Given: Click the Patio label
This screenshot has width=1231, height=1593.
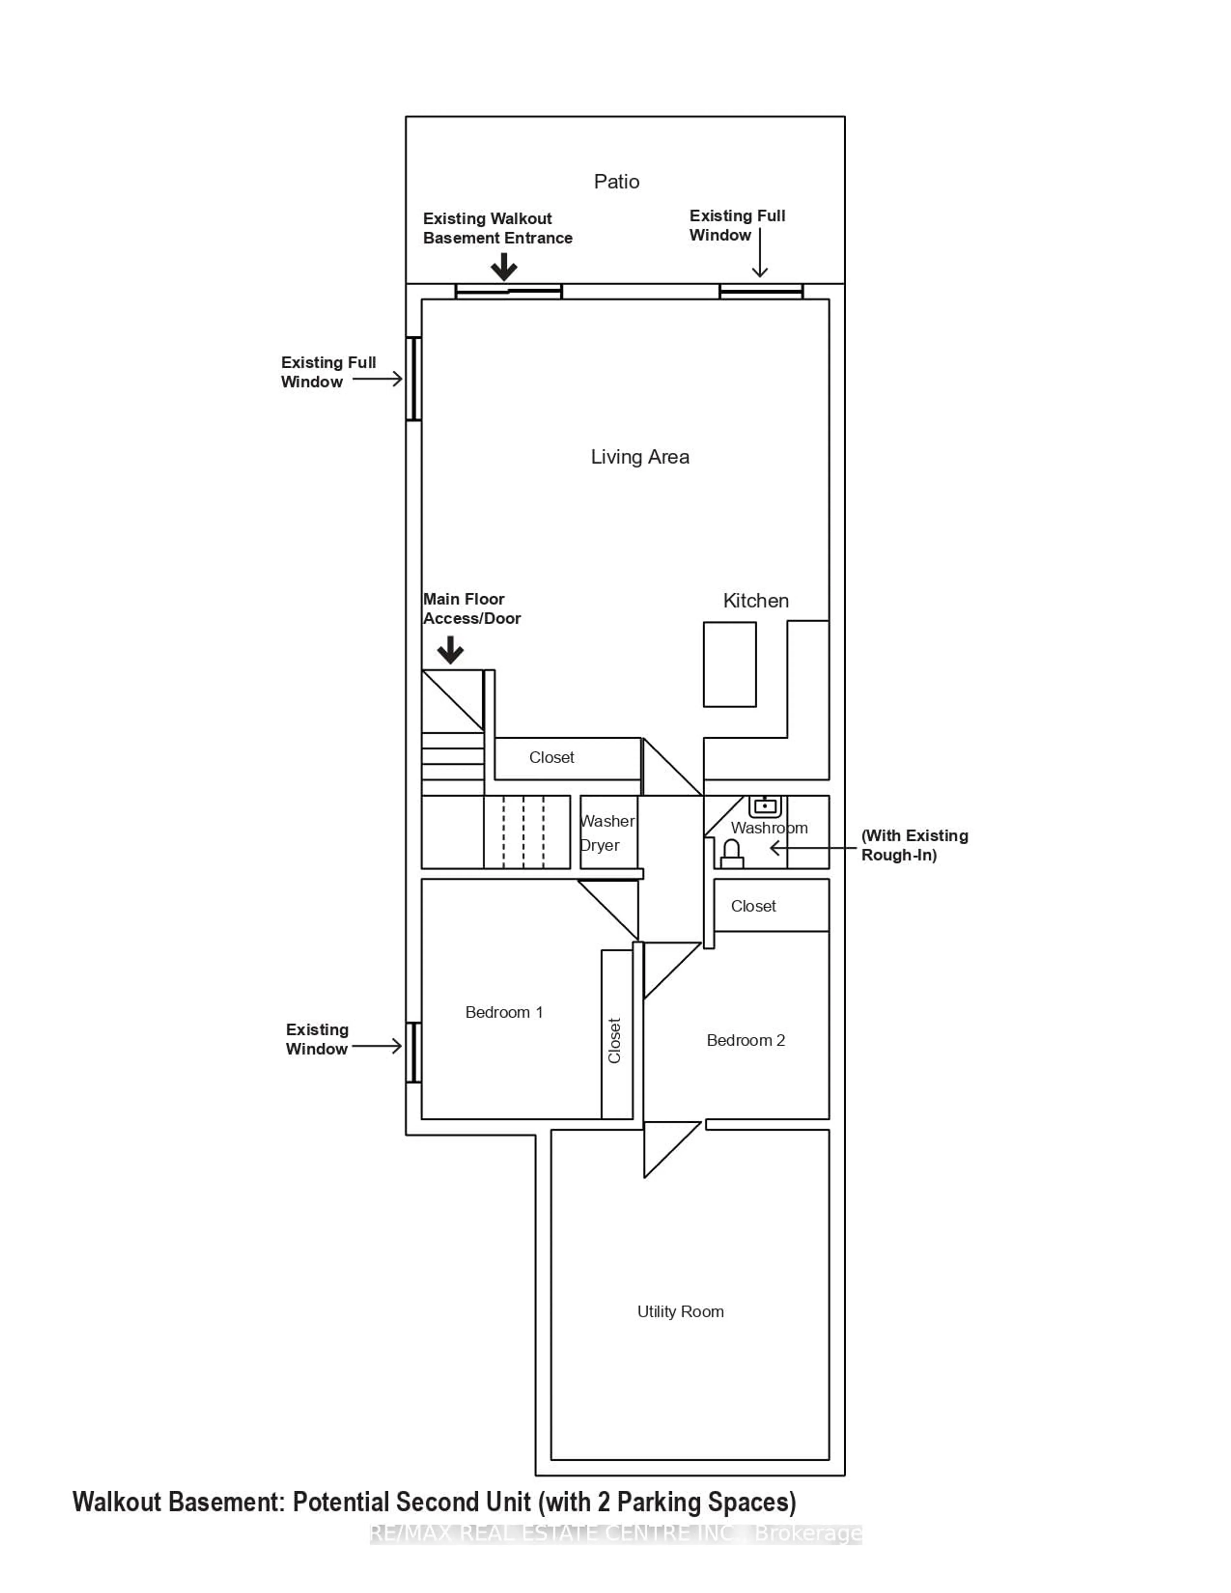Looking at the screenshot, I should pyautogui.click(x=616, y=182).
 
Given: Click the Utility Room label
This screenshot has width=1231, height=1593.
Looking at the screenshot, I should pyautogui.click(x=680, y=1312).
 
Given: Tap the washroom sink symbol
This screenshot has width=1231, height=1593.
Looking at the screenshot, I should pyautogui.click(x=764, y=806).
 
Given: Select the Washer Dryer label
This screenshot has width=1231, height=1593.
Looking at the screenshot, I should pyautogui.click(x=607, y=833).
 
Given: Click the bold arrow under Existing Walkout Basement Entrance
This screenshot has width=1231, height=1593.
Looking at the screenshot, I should pyautogui.click(x=503, y=267).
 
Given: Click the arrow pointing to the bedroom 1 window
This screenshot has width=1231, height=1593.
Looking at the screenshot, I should pyautogui.click(x=376, y=1047).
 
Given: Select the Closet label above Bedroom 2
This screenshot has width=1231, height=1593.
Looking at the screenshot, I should pyautogui.click(x=753, y=906).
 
